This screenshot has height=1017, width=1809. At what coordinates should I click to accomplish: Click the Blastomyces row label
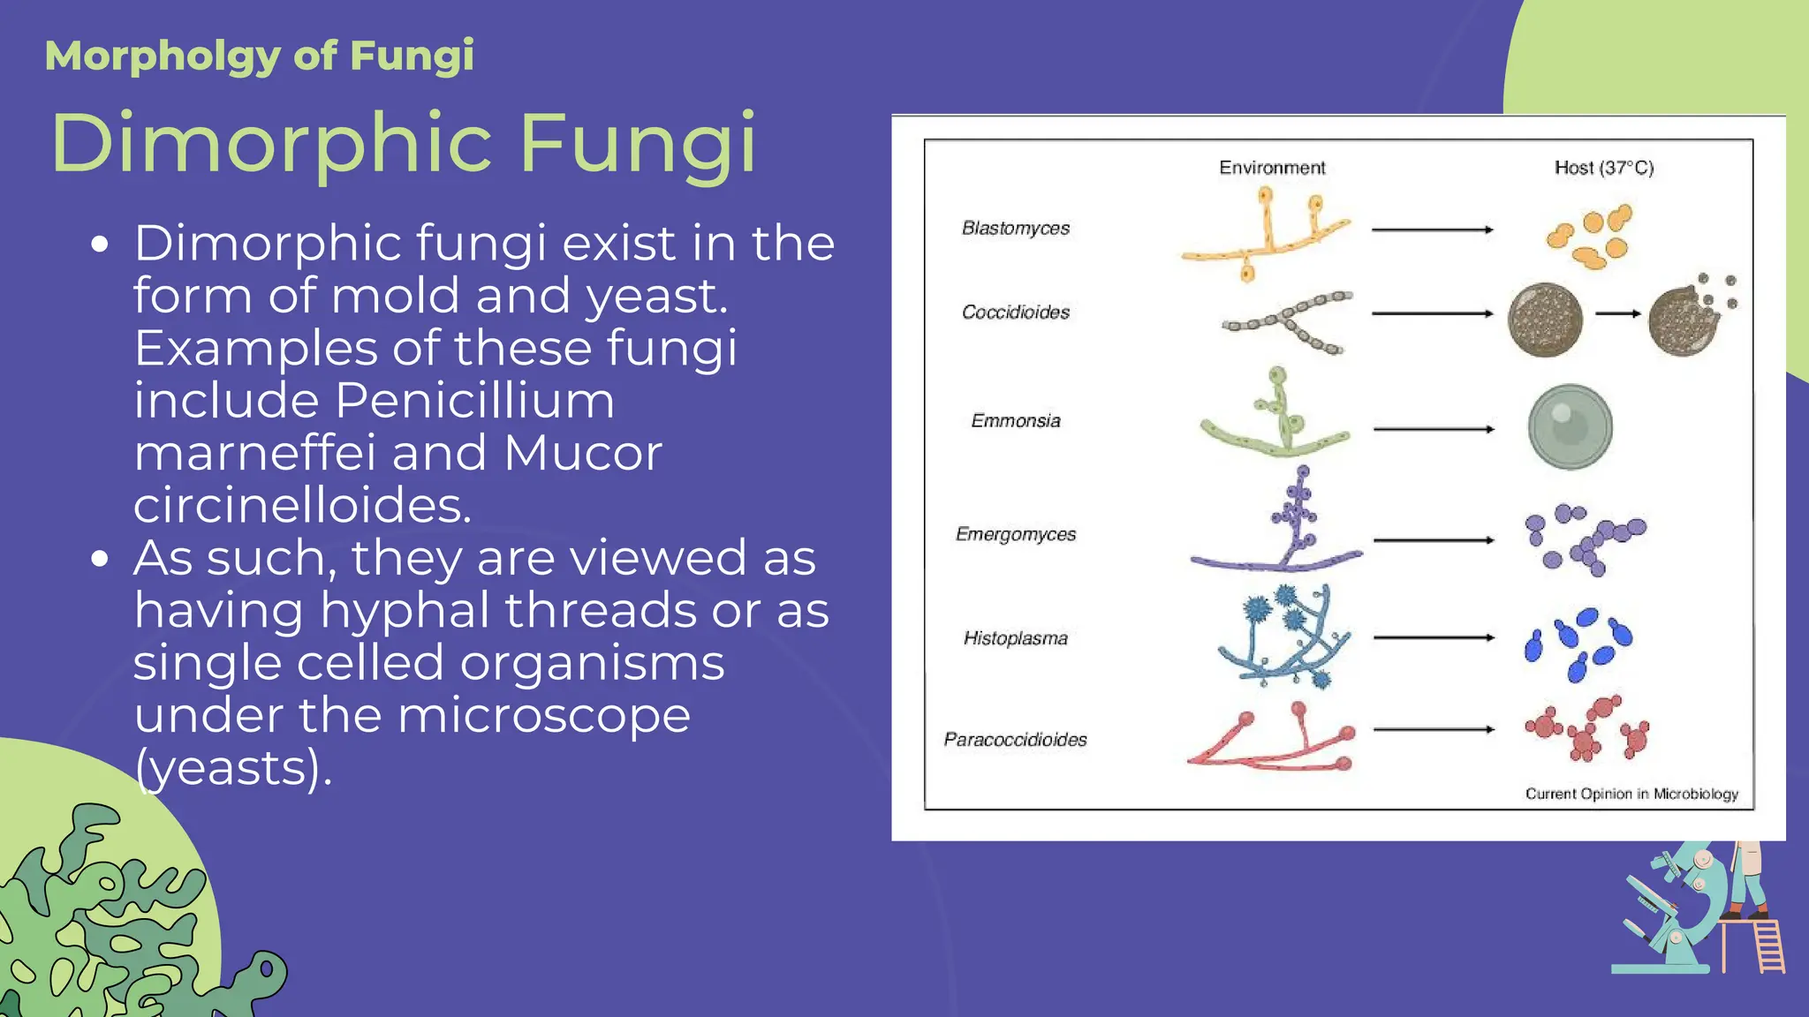pyautogui.click(x=1016, y=229)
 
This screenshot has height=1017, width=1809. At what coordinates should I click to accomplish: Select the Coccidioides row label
pyautogui.click(x=1016, y=313)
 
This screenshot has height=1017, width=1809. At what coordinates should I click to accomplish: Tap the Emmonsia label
pyautogui.click(x=1016, y=421)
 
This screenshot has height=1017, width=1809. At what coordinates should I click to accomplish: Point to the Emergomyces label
pyautogui.click(x=1016, y=535)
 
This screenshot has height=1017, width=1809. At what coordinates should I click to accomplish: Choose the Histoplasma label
pyautogui.click(x=1016, y=638)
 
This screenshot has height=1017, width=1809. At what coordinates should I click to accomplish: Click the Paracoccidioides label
pyautogui.click(x=1016, y=740)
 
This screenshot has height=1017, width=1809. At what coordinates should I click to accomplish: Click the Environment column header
pyautogui.click(x=1272, y=168)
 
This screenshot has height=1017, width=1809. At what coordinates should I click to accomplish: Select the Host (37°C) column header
pyautogui.click(x=1604, y=168)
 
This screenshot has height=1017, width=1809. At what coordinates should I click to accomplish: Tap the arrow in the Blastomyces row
pyautogui.click(x=1432, y=230)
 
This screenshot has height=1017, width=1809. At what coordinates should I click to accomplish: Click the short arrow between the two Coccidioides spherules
pyautogui.click(x=1618, y=313)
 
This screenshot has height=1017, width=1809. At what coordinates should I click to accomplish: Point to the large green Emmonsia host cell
pyautogui.click(x=1571, y=427)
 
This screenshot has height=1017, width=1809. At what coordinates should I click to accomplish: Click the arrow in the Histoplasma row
pyautogui.click(x=1434, y=637)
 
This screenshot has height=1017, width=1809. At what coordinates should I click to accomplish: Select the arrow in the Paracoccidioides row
pyautogui.click(x=1434, y=730)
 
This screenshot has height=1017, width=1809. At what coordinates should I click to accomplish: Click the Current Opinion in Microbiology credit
pyautogui.click(x=1631, y=794)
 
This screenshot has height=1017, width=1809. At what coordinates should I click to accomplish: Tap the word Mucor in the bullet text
pyautogui.click(x=583, y=453)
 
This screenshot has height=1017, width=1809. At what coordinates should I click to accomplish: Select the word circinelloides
pyautogui.click(x=303, y=506)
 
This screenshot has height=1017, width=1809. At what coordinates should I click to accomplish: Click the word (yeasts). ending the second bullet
pyautogui.click(x=234, y=768)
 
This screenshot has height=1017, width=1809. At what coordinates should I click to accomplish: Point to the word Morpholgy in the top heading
pyautogui.click(x=162, y=56)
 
